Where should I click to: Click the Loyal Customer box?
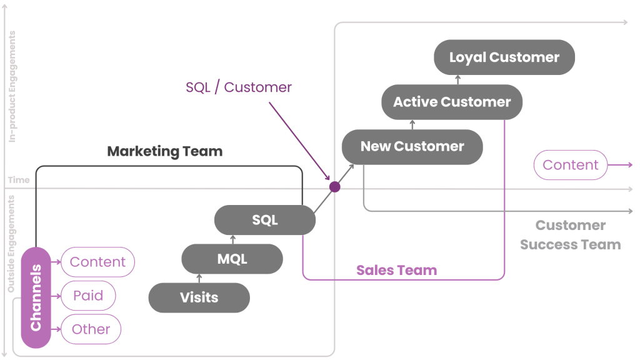point(504,57)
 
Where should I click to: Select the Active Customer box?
point(452,102)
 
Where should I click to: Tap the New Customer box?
point(412,147)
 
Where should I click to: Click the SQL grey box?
point(264,220)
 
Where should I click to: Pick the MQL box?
point(232,259)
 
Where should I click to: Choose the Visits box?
point(199,297)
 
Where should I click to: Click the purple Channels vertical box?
point(36,297)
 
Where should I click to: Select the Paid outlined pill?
point(88,296)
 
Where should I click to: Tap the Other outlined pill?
point(91,329)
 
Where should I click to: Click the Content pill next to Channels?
point(97,262)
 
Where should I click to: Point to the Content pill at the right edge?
point(570,165)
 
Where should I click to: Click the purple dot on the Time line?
point(334,187)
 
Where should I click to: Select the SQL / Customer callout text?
point(239,87)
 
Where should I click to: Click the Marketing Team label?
point(165,151)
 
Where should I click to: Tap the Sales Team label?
point(396,271)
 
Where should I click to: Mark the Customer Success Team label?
point(570,235)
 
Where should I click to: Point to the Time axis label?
point(19,180)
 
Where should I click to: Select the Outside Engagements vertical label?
point(11,244)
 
